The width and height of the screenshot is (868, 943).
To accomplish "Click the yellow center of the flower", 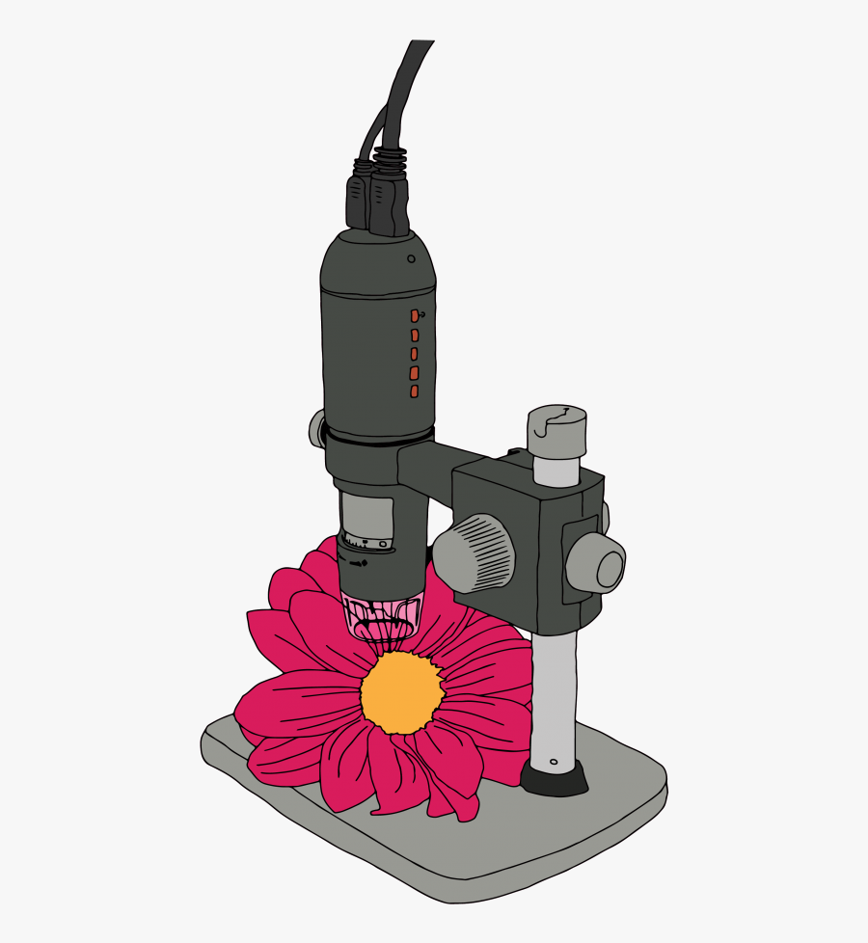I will pos(402,691).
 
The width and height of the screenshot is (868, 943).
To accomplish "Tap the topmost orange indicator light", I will pos(415,315).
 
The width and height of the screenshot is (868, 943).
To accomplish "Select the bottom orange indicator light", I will pos(414,391).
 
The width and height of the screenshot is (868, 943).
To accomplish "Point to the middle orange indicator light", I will pos(414,353).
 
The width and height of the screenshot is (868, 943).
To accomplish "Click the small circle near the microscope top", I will pos(411,258).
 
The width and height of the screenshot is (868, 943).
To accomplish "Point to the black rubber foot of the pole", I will pos(555,777).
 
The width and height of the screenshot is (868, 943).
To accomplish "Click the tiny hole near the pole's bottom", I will pos(554,762).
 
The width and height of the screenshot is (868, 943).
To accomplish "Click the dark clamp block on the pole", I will pos(511,540).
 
